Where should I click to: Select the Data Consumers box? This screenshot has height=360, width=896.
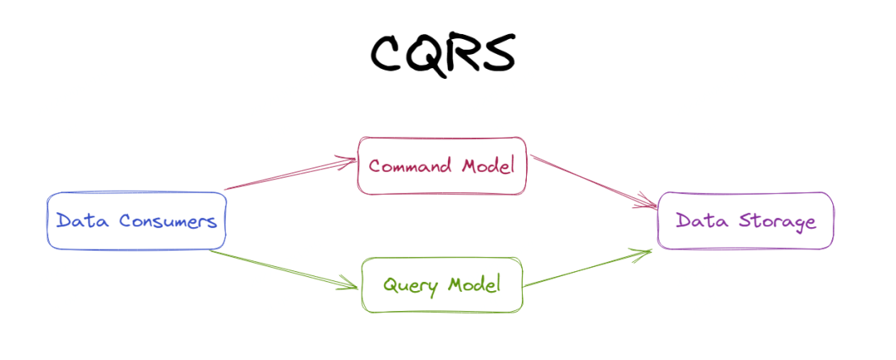coord(137,221)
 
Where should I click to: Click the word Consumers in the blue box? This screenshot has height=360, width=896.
coord(168,221)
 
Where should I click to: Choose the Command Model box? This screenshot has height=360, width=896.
coord(442,165)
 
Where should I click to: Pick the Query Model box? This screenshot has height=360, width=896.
coord(442,285)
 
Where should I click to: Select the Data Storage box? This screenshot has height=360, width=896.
coord(745,221)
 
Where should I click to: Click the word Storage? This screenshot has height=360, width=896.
coord(779,221)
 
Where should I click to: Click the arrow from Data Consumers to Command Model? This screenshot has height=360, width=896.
coord(290,174)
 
